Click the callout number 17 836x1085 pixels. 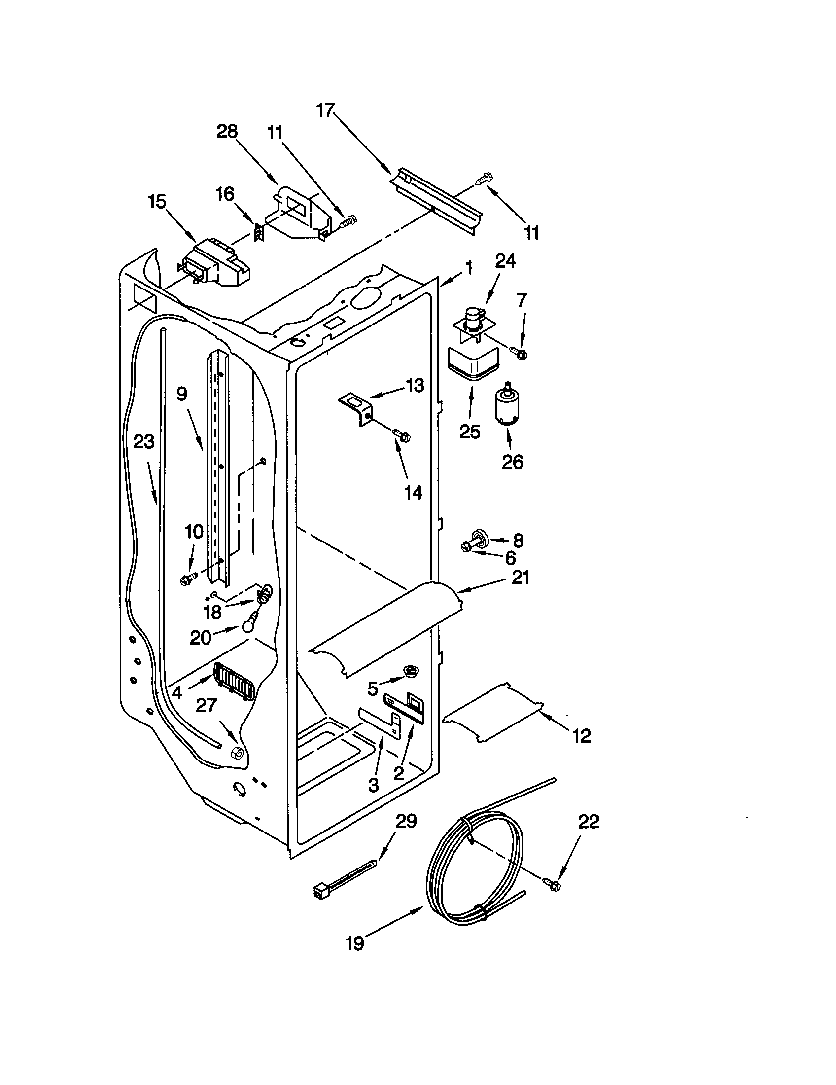tap(326, 110)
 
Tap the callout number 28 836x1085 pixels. tap(227, 132)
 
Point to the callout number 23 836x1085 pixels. tap(144, 441)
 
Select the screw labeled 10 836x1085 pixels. tap(189, 578)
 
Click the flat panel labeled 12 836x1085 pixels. tap(493, 714)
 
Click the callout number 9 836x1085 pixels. tap(182, 394)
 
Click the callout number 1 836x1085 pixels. tap(468, 269)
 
